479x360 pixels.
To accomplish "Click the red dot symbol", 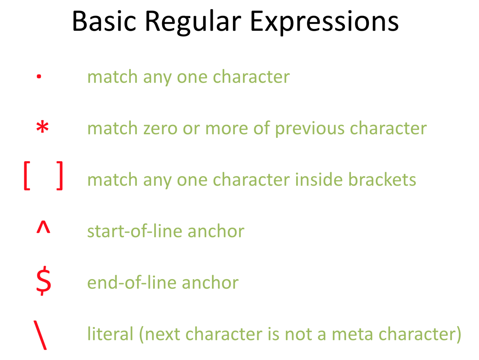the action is [x=39, y=76].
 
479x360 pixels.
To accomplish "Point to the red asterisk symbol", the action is [x=42, y=127].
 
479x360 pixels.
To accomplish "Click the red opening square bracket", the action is [x=27, y=176].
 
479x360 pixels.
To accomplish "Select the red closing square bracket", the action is [x=60, y=176].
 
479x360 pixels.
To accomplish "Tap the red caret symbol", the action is [x=43, y=227].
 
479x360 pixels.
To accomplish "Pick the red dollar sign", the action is [x=44, y=281].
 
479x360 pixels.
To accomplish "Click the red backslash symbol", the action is [x=40, y=335].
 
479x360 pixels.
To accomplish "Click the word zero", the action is [x=160, y=128].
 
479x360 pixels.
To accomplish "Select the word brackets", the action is [x=382, y=179].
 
